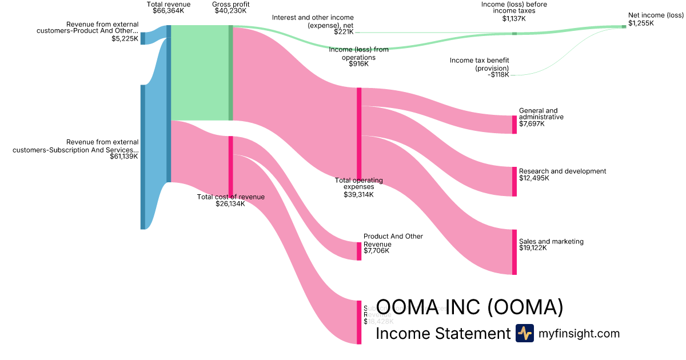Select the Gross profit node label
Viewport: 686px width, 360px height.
point(230,4)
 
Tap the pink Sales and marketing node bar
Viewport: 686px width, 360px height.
point(514,252)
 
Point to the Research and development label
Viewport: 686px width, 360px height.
point(563,171)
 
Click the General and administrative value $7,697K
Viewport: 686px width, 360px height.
point(532,123)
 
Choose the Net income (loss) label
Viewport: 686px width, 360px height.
point(656,15)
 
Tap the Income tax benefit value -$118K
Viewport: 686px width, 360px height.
point(498,75)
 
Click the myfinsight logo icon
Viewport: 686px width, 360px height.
point(524,333)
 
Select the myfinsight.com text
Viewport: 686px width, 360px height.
point(579,334)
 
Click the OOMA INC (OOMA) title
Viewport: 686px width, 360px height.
point(470,307)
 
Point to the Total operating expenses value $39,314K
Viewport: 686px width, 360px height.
point(358,195)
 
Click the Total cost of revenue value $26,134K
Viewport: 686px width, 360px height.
point(230,204)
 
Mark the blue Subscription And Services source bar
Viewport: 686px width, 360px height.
point(143,157)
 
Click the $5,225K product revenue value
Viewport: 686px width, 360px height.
point(125,39)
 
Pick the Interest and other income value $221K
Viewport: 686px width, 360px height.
point(344,32)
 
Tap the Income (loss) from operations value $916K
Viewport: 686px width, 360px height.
point(358,64)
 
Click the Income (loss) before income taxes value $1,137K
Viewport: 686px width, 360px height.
point(513,18)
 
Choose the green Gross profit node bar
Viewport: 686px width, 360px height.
point(231,73)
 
